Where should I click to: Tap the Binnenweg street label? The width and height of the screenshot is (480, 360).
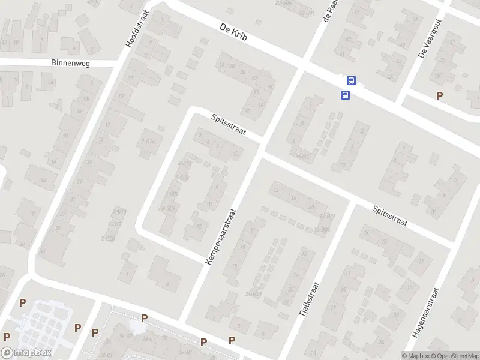[x=70, y=63]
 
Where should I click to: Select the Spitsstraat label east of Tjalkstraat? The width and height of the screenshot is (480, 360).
[x=389, y=216]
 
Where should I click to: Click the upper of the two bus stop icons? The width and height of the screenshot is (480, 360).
[x=351, y=81]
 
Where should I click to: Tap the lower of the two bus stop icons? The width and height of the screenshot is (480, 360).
[x=345, y=95]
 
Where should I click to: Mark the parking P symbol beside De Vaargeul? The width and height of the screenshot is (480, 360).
[x=440, y=95]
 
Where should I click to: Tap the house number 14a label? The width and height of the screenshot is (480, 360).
[x=42, y=179]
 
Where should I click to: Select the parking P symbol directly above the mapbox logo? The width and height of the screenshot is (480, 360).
[x=7, y=337]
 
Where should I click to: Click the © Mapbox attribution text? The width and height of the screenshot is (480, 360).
[x=416, y=355]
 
